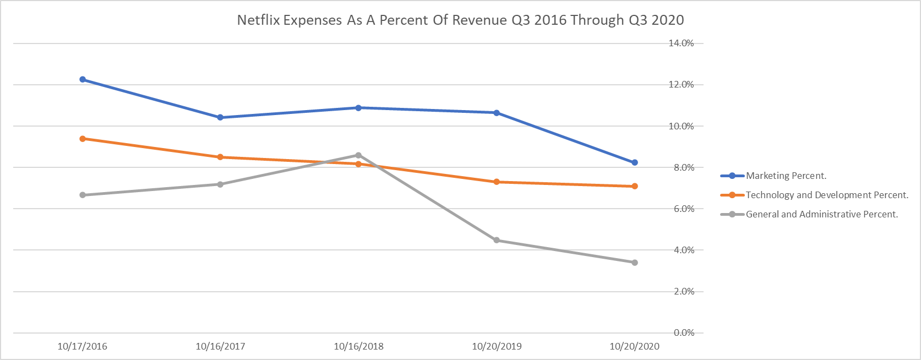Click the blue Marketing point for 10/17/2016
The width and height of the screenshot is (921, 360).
[83, 79]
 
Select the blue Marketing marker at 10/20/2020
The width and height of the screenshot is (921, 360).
[635, 162]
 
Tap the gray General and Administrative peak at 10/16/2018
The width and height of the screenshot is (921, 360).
[358, 155]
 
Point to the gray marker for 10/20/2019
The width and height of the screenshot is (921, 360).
[497, 240]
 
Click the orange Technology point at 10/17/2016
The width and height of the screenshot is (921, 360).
[83, 139]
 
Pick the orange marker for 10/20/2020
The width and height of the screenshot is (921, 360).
[635, 186]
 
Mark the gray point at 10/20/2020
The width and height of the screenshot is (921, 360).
[635, 263]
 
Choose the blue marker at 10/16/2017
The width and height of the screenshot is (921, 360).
[220, 117]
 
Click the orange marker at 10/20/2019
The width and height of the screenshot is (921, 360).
[497, 182]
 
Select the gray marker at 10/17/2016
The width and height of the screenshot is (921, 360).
[83, 195]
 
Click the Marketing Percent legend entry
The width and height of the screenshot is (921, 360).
[786, 176]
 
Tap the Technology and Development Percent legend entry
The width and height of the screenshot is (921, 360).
[826, 195]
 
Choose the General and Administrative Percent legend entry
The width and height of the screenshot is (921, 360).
[821, 214]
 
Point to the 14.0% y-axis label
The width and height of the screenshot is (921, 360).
[681, 43]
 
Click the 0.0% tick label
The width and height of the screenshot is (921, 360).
[684, 332]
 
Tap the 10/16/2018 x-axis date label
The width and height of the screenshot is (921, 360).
[358, 346]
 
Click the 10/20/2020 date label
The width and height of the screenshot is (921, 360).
[634, 346]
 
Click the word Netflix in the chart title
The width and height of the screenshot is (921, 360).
[258, 20]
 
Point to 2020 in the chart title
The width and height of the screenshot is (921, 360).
[667, 20]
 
